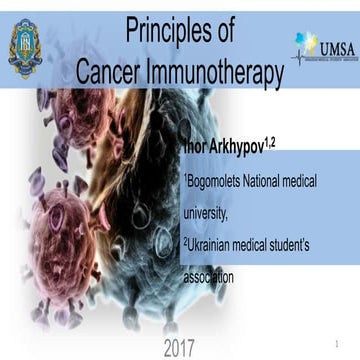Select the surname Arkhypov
coord(229,149)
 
